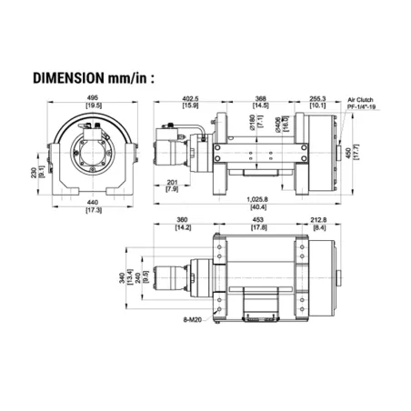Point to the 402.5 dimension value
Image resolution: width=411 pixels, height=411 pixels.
(x=188, y=98)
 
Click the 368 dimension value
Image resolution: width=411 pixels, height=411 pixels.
(x=260, y=98)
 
